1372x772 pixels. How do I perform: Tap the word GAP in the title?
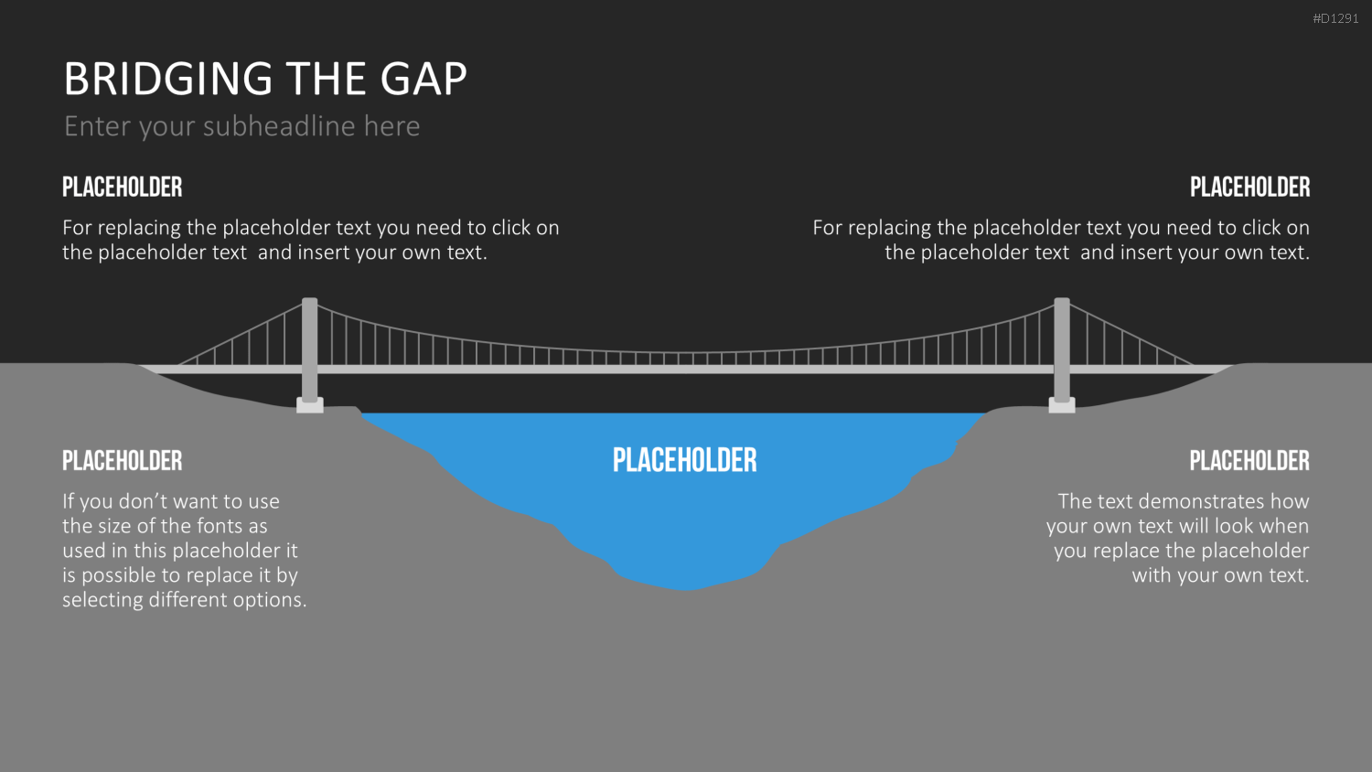click(x=423, y=79)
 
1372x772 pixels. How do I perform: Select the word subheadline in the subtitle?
click(x=279, y=126)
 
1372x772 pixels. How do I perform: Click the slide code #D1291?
click(x=1335, y=19)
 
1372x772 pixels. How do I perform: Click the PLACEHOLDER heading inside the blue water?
click(x=685, y=460)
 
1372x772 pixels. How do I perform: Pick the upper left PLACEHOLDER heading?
click(x=123, y=187)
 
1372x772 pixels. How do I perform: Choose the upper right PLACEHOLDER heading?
click(x=1249, y=187)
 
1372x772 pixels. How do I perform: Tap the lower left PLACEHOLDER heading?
click(x=123, y=461)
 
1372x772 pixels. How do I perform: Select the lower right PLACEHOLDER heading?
click(x=1249, y=461)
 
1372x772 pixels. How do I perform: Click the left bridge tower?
click(x=310, y=349)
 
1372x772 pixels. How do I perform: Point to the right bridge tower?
click(x=1062, y=349)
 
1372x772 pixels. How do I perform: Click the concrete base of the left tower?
click(x=310, y=405)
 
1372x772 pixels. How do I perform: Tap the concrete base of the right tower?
click(x=1062, y=405)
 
